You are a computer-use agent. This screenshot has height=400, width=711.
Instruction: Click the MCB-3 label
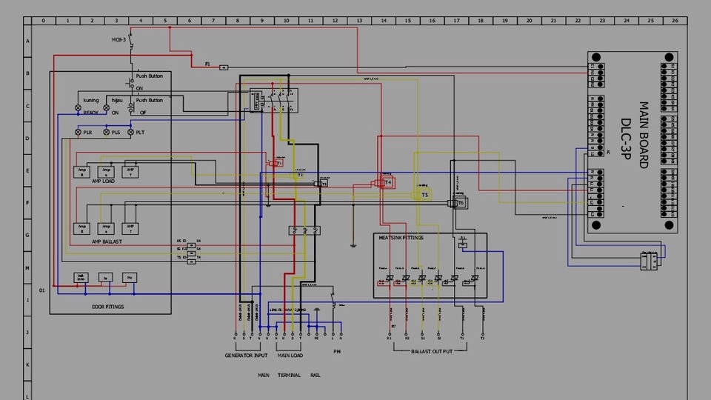[x=118, y=39]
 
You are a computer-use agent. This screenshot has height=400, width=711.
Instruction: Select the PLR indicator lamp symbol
[x=79, y=132]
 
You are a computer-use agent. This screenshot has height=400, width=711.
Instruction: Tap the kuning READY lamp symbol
[x=79, y=107]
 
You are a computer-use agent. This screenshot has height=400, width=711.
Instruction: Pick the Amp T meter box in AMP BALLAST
[x=130, y=227]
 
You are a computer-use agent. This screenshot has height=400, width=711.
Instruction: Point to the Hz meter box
[x=130, y=278]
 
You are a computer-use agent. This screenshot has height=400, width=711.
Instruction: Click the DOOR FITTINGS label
[x=108, y=306]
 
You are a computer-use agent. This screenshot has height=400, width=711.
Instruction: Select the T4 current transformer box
[x=387, y=181]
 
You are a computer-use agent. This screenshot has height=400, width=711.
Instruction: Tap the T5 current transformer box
[x=424, y=195]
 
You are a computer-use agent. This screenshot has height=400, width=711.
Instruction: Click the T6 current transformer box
[x=459, y=202]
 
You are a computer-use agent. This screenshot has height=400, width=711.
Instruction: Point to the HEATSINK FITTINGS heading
[x=401, y=238]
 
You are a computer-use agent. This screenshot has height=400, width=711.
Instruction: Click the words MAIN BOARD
[x=643, y=135]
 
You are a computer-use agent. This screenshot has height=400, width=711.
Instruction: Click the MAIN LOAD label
[x=290, y=356]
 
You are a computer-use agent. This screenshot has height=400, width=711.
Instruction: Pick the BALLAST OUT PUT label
[x=432, y=350]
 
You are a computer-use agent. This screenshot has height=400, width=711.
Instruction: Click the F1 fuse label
[x=207, y=64]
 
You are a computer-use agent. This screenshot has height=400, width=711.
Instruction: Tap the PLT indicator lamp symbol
[x=131, y=132]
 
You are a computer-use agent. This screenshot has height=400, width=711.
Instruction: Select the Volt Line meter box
[x=81, y=278]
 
